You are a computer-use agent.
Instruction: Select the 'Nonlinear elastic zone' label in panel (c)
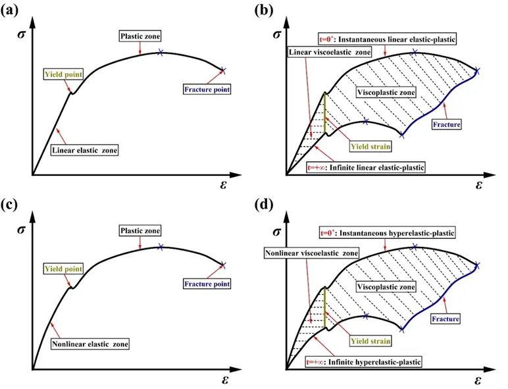pos(89,343)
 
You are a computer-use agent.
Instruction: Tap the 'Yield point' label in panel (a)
pos(63,74)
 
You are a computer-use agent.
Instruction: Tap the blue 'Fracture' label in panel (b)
pos(445,124)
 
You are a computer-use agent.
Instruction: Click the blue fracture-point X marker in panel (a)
pos(222,70)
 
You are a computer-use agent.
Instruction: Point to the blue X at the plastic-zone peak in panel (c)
pos(161,247)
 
